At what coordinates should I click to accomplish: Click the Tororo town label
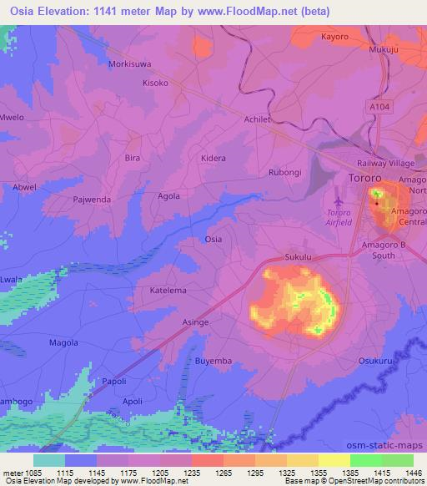364,179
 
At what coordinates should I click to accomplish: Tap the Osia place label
213,239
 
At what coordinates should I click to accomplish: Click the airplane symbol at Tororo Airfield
339,200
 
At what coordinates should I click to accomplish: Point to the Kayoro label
335,38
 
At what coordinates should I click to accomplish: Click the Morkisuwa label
129,63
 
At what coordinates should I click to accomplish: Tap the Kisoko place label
155,84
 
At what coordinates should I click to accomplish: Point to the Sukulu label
298,258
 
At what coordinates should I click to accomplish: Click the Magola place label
63,342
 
